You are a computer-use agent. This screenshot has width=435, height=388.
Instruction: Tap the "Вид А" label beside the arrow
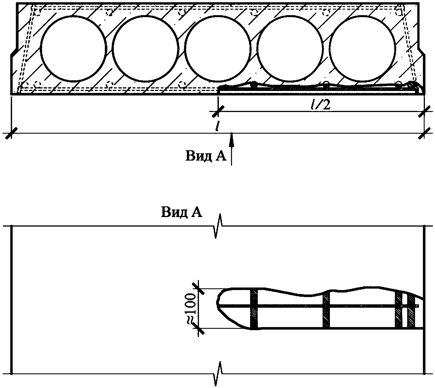(206, 156)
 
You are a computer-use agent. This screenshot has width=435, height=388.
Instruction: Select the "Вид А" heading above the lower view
(182, 212)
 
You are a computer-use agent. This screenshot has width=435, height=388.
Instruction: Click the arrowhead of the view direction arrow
(231, 139)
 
